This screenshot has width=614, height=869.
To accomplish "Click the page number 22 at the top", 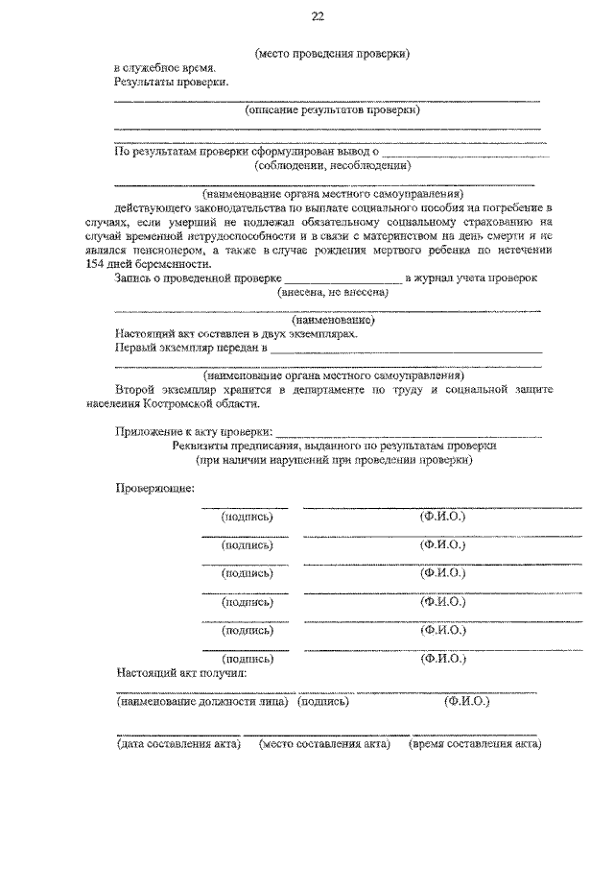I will click(x=318, y=16).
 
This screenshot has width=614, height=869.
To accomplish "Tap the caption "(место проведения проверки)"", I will click(x=333, y=54).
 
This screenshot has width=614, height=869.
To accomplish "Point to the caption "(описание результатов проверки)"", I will click(x=333, y=110).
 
